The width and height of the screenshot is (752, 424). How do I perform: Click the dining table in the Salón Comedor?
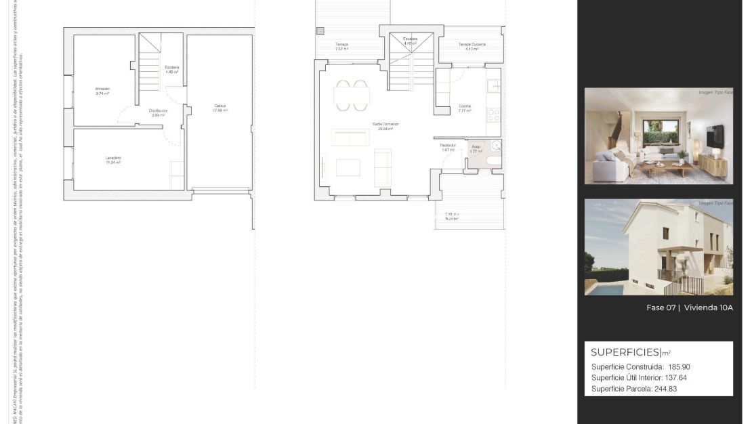pyautogui.click(x=352, y=96)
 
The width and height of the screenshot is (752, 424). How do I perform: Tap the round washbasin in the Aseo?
pyautogui.click(x=497, y=146)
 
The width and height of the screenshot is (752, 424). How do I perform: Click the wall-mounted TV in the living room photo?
pyautogui.click(x=715, y=136)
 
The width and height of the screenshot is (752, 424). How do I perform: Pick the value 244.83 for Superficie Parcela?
pyautogui.click(x=664, y=389)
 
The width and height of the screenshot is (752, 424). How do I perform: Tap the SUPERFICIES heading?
pyautogui.click(x=625, y=352)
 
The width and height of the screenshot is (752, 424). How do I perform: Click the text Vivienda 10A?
pyautogui.click(x=709, y=308)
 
